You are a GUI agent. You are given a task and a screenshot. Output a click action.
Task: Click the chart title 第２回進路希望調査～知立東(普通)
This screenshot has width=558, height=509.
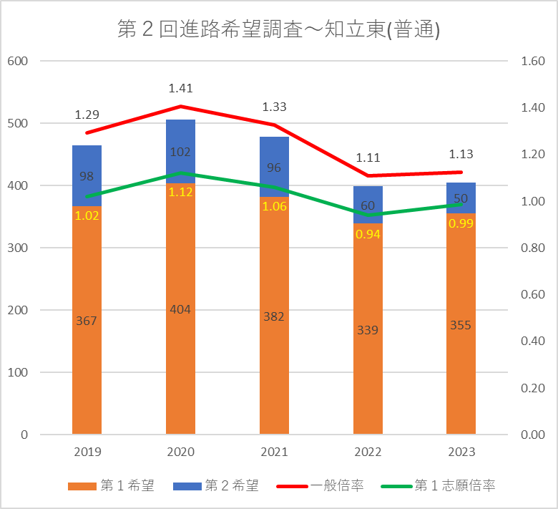[x=278, y=30]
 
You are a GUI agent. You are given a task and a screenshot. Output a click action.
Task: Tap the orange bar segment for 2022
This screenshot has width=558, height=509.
[x=368, y=358]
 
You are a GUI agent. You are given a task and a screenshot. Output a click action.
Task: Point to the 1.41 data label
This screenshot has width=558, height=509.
[x=180, y=89]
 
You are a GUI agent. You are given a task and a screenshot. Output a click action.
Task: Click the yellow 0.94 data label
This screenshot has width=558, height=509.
[x=368, y=234]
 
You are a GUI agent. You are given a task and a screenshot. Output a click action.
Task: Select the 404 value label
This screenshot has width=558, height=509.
[x=180, y=309]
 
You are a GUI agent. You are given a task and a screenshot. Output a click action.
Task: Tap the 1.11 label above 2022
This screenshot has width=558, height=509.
[x=368, y=158]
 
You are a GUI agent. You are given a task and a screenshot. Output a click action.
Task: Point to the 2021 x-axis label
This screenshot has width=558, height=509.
[x=274, y=452]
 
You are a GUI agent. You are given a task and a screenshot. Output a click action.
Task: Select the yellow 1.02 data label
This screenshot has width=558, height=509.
[x=87, y=215]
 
